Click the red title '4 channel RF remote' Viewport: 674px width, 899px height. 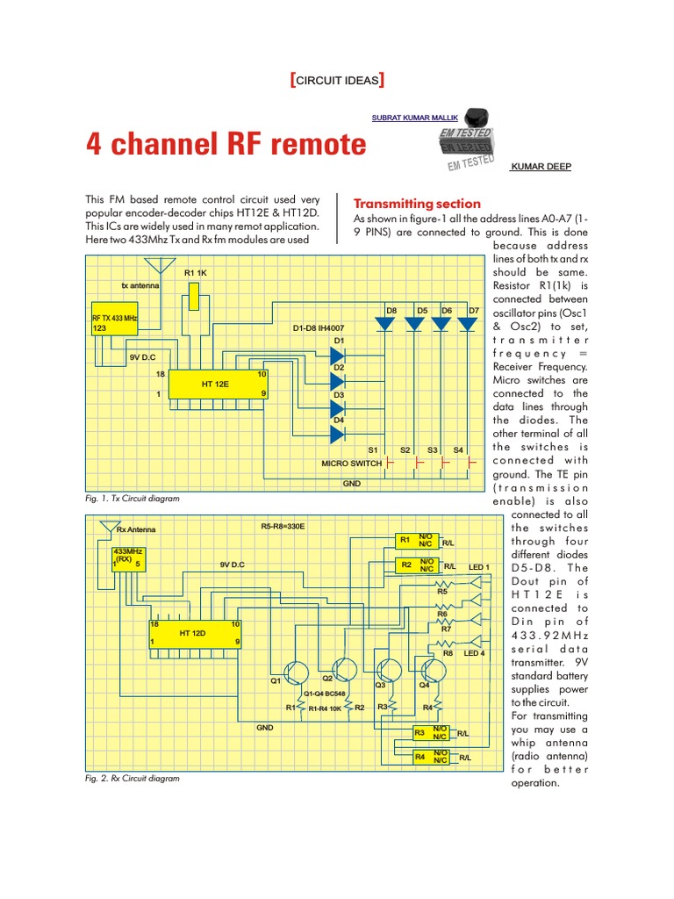click(x=226, y=144)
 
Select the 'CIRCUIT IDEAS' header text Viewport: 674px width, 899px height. click(x=338, y=81)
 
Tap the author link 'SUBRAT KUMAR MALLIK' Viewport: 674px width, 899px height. click(x=415, y=117)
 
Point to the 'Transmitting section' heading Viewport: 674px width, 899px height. click(x=416, y=203)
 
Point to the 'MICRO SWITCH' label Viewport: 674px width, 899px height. click(x=351, y=463)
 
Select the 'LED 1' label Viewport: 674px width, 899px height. click(x=480, y=567)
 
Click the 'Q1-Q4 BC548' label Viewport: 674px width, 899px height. click(x=324, y=693)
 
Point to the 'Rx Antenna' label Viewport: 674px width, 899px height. click(x=135, y=529)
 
